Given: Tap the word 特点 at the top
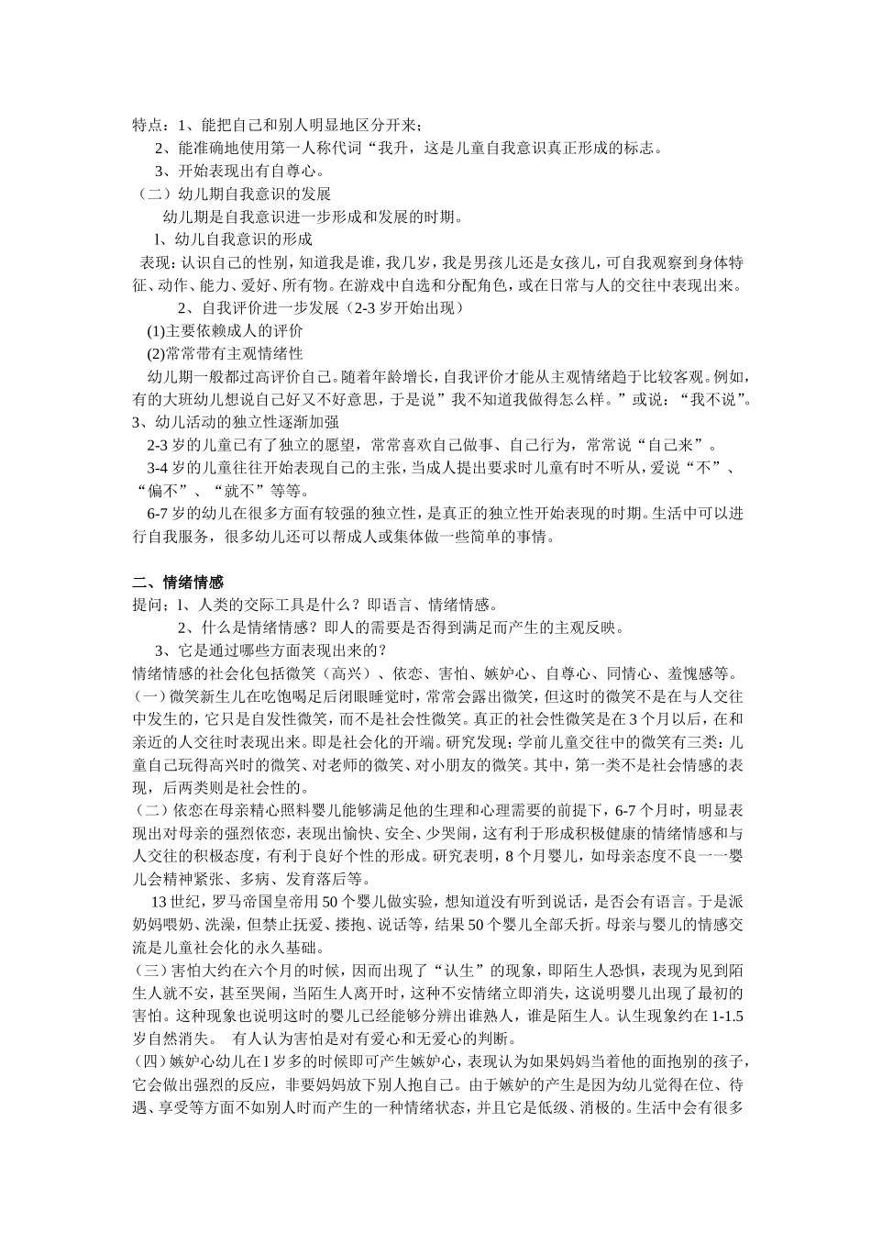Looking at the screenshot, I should coord(147,125).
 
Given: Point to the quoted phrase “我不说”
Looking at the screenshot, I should coord(713,399).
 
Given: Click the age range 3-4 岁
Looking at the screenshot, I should coord(167,468).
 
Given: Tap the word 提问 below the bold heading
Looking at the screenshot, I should coord(147,605).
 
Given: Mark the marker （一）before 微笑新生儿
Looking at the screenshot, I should coord(150,696).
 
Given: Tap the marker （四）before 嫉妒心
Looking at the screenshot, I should coord(150,1062).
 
